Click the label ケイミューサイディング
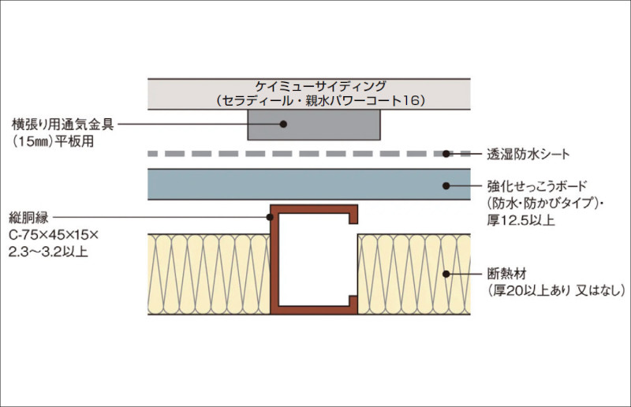[321, 86]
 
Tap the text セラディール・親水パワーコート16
[321, 101]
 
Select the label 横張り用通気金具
[62, 125]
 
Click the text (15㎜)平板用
[53, 141]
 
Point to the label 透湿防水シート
[528, 154]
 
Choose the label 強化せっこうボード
[537, 186]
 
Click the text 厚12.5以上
[521, 220]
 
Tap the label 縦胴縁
[28, 218]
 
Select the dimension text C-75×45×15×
[54, 235]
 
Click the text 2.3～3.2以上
[48, 252]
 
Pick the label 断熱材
[506, 274]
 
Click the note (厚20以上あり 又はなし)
[556, 290]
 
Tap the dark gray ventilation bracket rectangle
[314, 125]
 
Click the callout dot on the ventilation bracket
[283, 124]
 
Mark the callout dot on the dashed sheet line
[446, 154]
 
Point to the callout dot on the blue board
[446, 185]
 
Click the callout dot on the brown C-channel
[270, 218]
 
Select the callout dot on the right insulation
[446, 274]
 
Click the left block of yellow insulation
[209, 274]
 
